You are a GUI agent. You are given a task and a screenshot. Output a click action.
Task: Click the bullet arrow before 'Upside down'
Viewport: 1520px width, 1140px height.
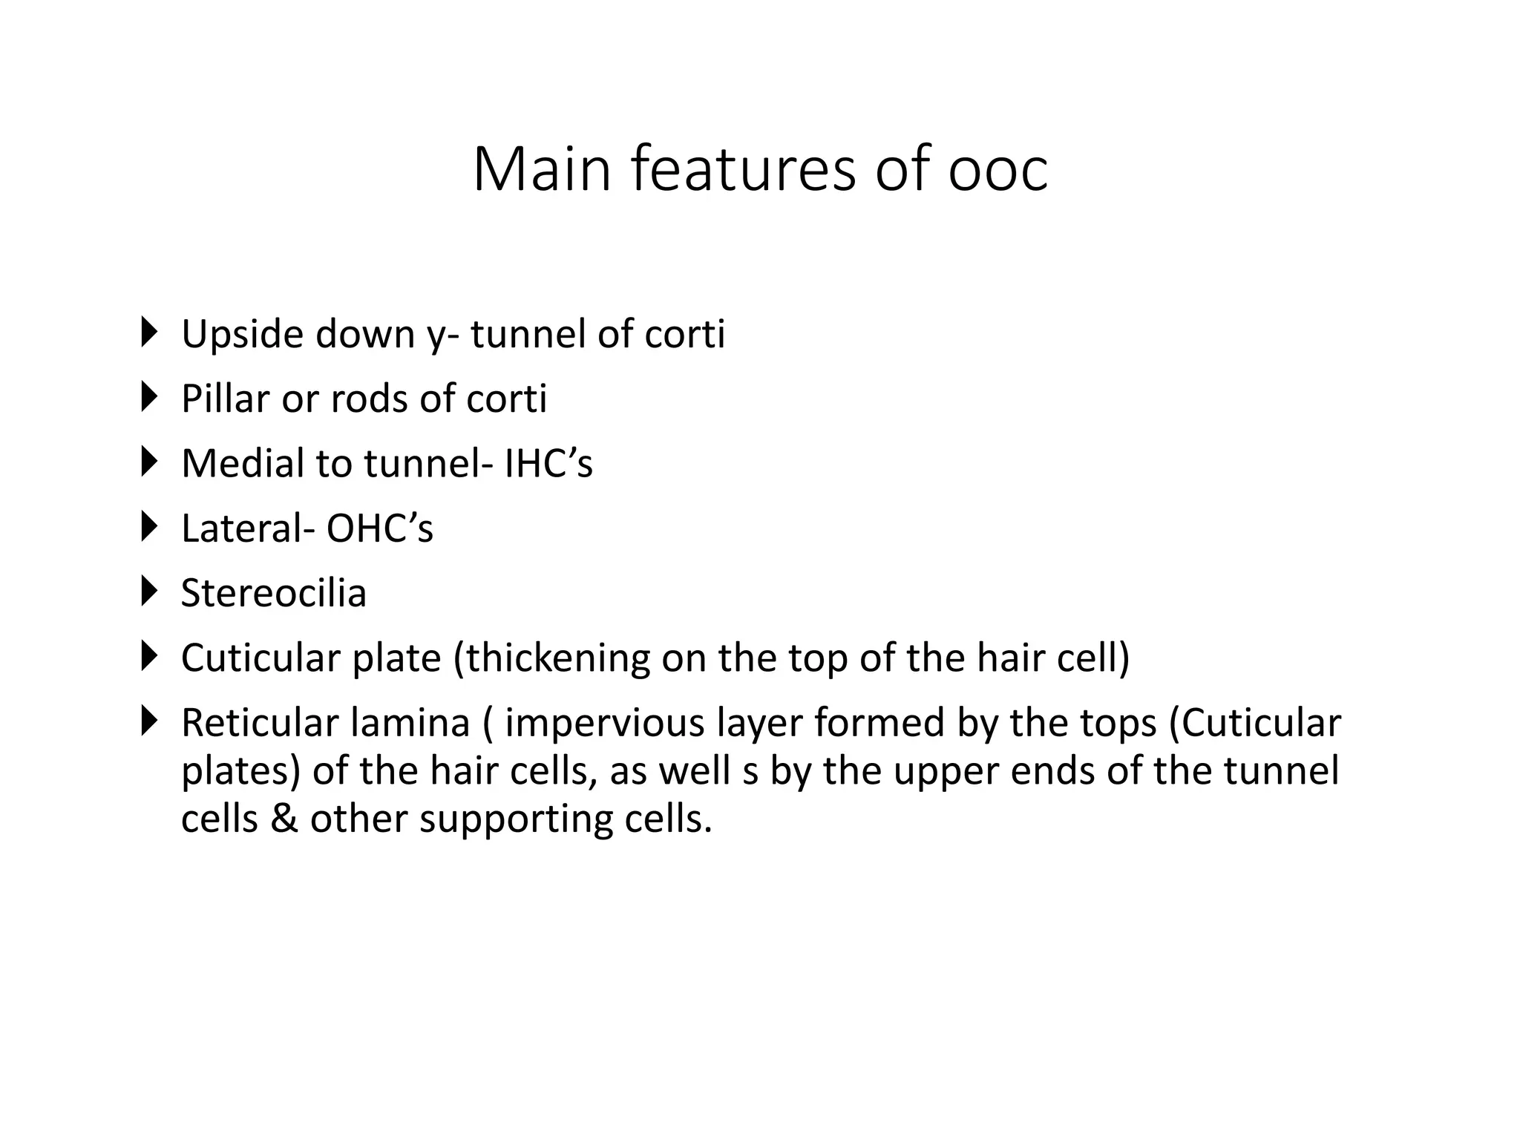click(149, 332)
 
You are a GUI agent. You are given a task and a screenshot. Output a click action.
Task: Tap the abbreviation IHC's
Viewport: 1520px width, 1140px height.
click(548, 463)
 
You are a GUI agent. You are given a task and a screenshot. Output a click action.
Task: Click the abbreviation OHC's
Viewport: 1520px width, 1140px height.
click(379, 528)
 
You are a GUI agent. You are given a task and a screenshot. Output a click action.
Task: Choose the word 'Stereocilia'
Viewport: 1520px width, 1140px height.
click(274, 593)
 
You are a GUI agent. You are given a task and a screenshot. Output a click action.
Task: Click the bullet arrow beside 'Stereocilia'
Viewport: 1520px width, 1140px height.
click(149, 592)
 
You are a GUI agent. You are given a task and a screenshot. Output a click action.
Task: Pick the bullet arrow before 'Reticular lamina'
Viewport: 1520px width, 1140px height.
click(149, 721)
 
